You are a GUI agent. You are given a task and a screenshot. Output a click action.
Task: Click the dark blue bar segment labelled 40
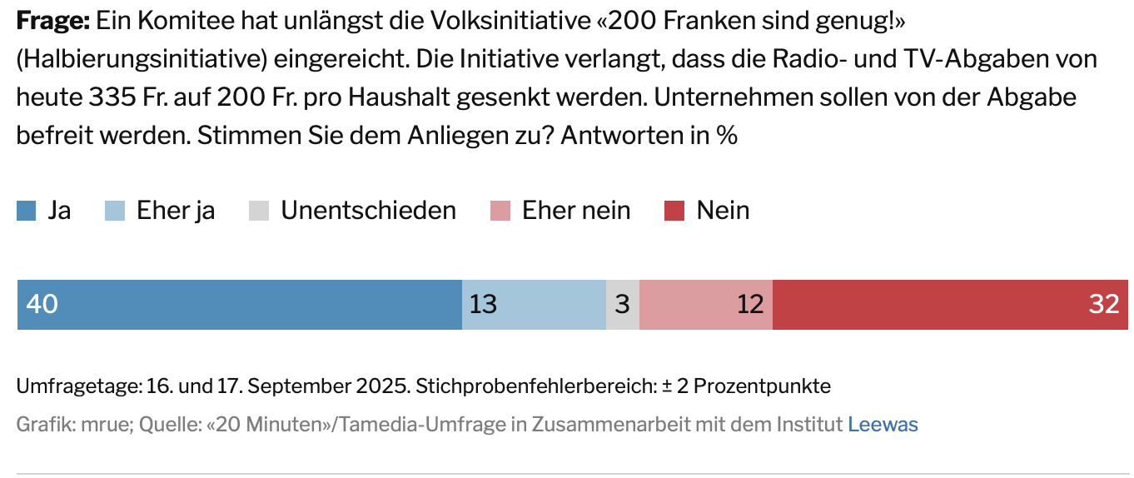coord(240,305)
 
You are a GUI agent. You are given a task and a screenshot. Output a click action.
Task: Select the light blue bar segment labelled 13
coord(534,305)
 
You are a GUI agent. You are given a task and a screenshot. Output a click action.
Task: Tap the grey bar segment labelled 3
coord(622,305)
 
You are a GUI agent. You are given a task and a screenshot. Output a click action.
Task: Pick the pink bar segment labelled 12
coord(705,305)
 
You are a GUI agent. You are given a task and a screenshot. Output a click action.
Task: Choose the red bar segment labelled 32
coord(950,305)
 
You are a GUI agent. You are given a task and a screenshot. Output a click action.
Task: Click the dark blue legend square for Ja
coord(26,212)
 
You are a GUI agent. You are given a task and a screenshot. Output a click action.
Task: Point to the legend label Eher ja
coord(176,211)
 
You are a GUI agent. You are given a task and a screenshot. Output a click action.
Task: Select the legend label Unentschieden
coord(368,211)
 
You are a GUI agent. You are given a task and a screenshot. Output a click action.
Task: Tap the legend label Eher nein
coord(576,211)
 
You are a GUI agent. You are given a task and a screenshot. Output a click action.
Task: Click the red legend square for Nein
coord(674,212)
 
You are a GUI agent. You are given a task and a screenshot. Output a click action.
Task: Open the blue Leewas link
coord(883,425)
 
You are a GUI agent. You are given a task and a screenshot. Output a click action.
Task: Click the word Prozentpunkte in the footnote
coord(762,386)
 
